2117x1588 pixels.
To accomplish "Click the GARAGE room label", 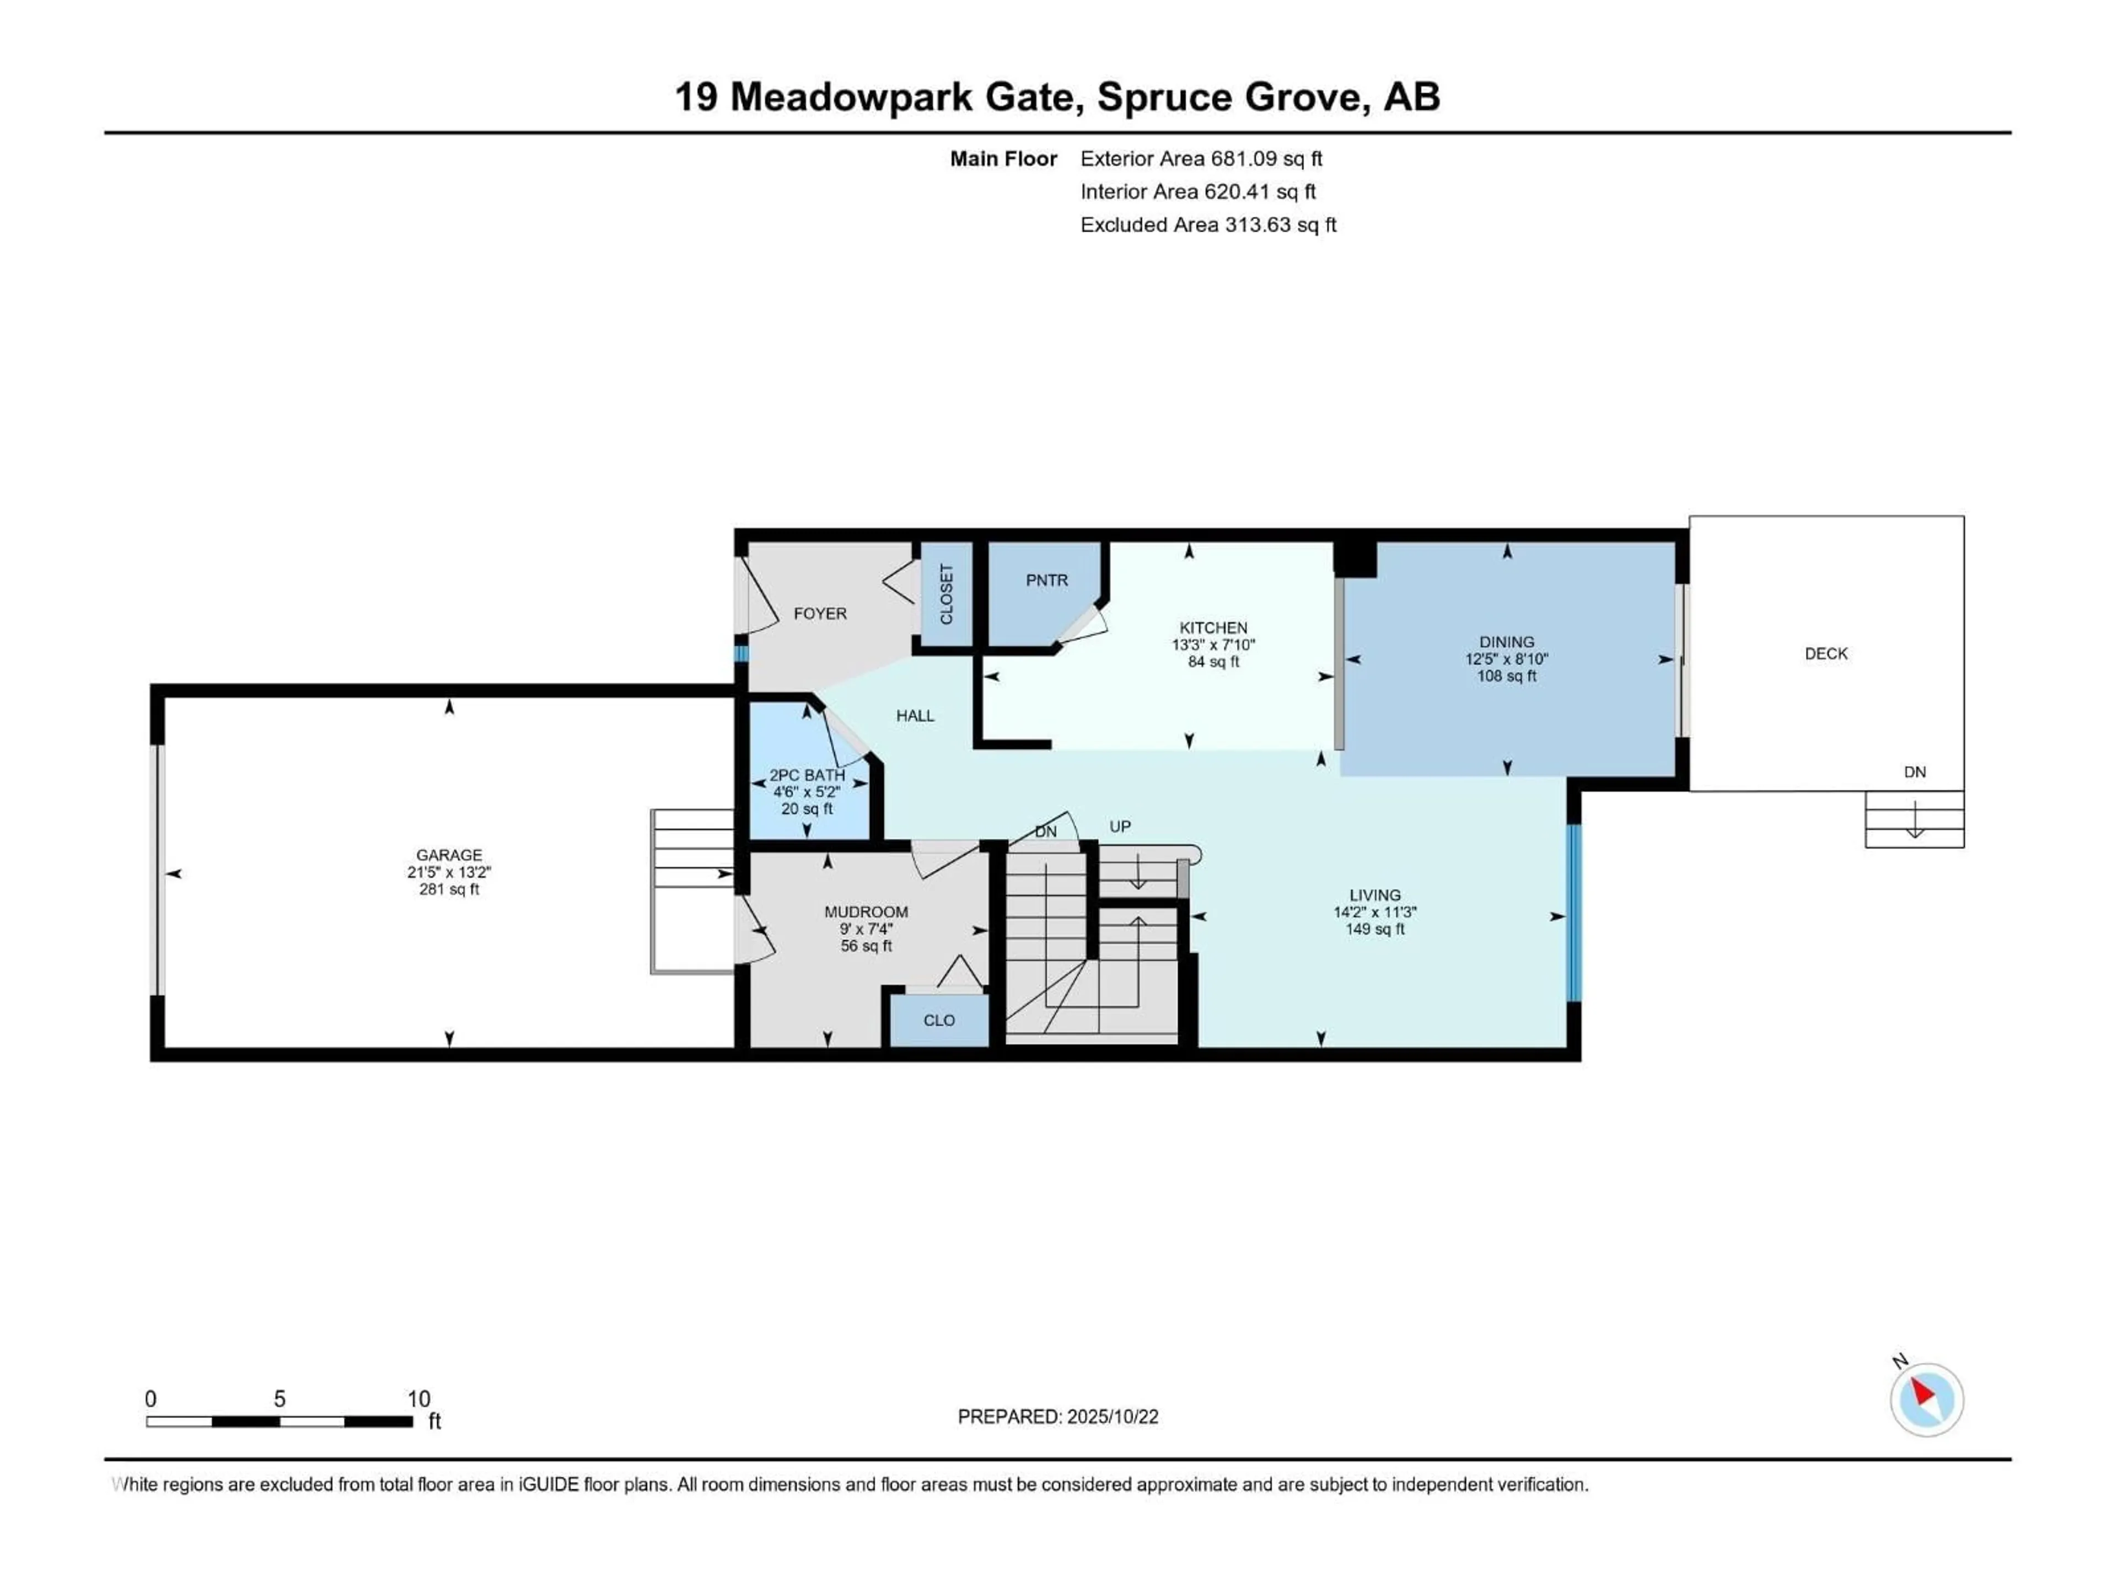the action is pyautogui.click(x=449, y=855).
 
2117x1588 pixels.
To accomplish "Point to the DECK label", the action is pyautogui.click(x=1826, y=654).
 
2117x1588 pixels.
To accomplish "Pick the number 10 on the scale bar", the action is pyautogui.click(x=418, y=1398).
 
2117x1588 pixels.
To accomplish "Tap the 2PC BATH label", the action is pyautogui.click(x=807, y=775).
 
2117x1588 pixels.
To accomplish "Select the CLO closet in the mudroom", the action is pyautogui.click(x=939, y=1021).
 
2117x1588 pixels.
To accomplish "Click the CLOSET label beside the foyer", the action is pyautogui.click(x=947, y=594).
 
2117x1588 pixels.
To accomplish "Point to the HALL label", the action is pyautogui.click(x=915, y=715).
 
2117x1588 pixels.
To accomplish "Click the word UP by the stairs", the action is pyautogui.click(x=1120, y=826).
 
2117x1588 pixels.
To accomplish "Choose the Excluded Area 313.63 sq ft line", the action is pyautogui.click(x=1208, y=225).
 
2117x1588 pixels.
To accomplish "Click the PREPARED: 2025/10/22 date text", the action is pyautogui.click(x=1057, y=1417).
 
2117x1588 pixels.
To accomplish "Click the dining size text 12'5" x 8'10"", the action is pyautogui.click(x=1506, y=658).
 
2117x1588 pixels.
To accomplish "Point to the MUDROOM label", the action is pyautogui.click(x=866, y=912).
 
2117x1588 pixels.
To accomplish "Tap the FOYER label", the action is pyautogui.click(x=820, y=614).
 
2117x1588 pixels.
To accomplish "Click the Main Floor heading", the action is pyautogui.click(x=1003, y=159).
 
